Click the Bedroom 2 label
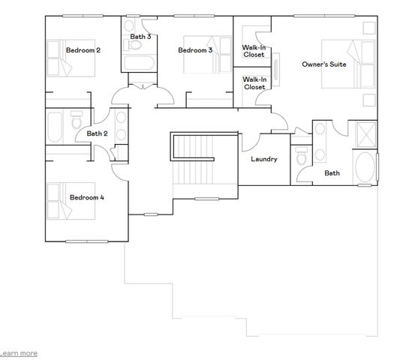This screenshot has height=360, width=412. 83,50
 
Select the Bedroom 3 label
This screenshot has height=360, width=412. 195,50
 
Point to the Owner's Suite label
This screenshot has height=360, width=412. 323,64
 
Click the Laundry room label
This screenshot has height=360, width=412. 263,159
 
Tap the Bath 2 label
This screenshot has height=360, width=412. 97,133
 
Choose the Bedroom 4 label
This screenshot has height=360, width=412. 87,198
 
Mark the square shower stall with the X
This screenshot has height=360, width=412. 365,136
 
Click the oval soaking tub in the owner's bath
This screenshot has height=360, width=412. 365,168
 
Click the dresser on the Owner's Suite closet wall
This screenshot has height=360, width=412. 277,73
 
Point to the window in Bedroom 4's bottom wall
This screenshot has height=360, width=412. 85,241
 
